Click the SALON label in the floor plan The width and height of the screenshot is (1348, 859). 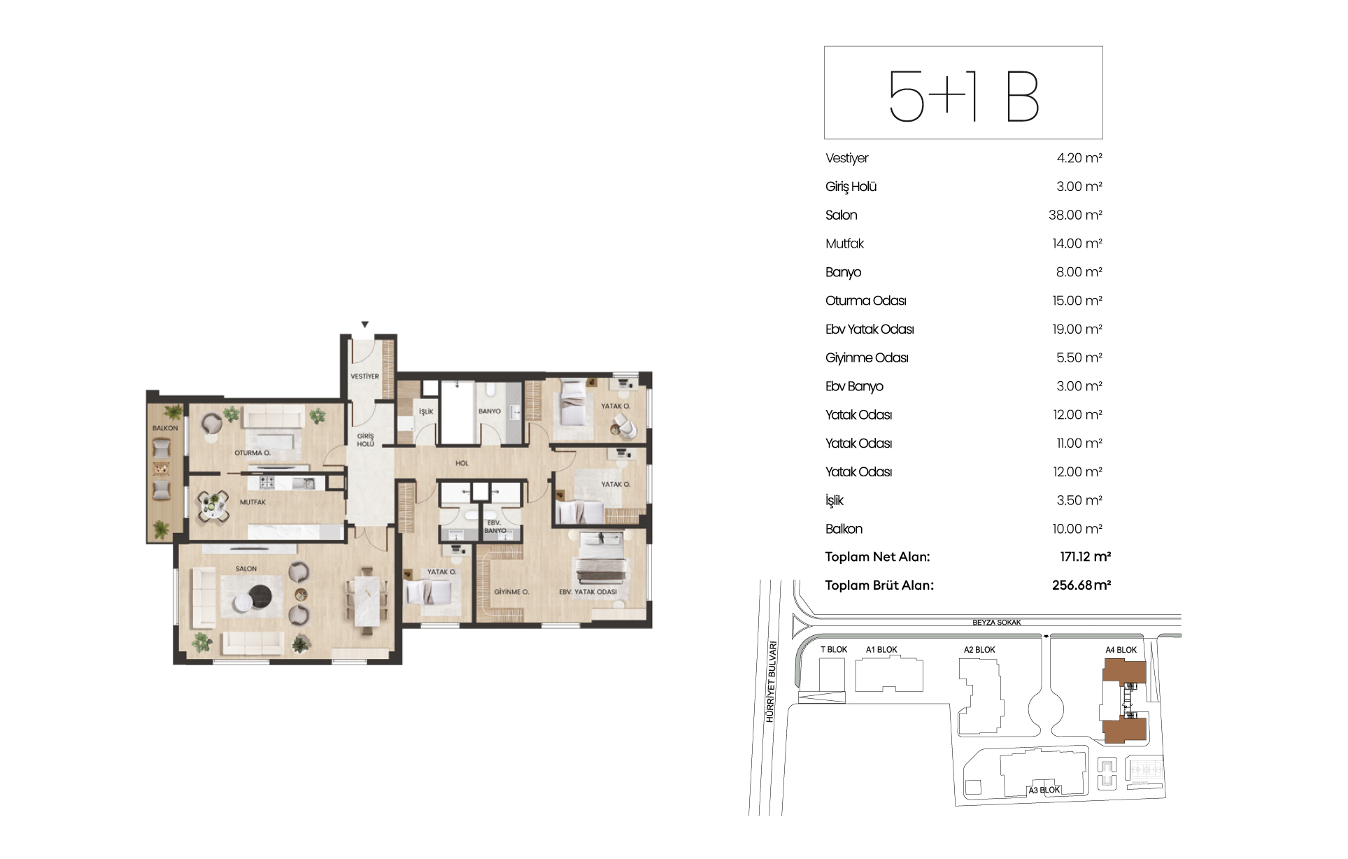246,569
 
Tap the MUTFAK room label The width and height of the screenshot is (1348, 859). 253,502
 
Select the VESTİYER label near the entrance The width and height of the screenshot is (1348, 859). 364,376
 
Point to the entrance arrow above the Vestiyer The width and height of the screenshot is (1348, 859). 364,325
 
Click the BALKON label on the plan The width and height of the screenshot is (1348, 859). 165,428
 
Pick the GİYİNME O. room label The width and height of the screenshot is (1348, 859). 511,592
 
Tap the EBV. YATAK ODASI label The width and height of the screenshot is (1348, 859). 588,592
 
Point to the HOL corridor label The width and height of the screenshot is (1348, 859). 462,463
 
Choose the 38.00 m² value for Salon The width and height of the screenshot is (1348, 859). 1075,215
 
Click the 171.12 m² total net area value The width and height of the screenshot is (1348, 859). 1085,557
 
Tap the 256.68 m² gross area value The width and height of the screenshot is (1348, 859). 1081,585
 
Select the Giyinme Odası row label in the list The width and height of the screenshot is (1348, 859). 867,358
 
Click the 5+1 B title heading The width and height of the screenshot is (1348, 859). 963,96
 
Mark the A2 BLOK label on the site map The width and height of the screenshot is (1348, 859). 979,650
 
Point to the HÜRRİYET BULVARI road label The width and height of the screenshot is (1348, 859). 772,682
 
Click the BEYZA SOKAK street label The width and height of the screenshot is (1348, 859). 997,623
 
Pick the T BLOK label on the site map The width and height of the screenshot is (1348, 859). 834,650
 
